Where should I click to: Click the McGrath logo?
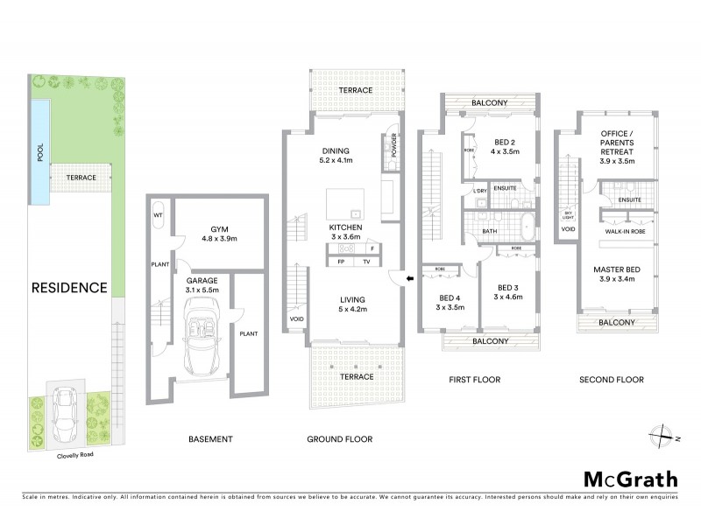630,479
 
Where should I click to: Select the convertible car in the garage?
203,336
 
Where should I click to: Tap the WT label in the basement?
159,214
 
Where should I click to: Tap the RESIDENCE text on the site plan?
69,287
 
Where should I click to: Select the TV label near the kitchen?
366,262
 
